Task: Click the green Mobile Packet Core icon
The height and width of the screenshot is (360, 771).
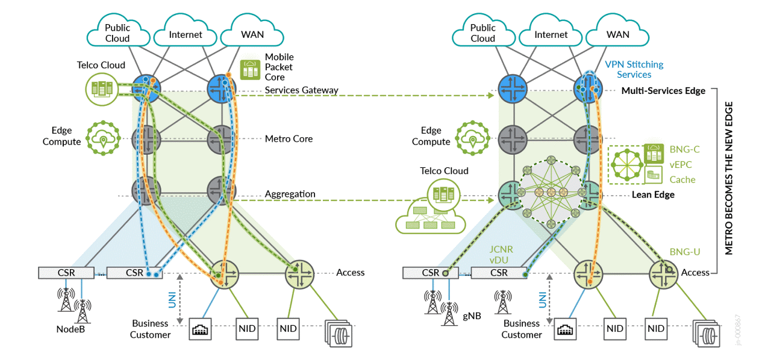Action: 249,70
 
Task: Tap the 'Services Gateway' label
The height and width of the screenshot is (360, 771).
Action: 301,90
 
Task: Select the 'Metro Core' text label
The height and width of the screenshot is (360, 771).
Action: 289,138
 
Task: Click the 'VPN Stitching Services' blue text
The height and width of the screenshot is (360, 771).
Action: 634,69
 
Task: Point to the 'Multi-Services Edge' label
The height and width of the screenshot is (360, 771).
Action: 663,91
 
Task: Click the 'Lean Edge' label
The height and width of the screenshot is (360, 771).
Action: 652,194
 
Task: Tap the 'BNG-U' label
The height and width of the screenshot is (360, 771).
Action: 685,252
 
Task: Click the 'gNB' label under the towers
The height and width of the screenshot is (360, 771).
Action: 472,316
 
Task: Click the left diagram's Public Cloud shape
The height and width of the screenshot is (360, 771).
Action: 117,34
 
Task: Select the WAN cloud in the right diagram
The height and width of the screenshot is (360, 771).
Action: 617,34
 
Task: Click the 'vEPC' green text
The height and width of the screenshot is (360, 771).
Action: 681,164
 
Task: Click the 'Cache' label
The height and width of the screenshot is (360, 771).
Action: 682,179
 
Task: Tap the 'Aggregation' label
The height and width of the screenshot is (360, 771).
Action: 290,194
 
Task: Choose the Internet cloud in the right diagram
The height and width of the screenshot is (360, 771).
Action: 551,34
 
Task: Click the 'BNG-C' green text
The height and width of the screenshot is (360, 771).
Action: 684,149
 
